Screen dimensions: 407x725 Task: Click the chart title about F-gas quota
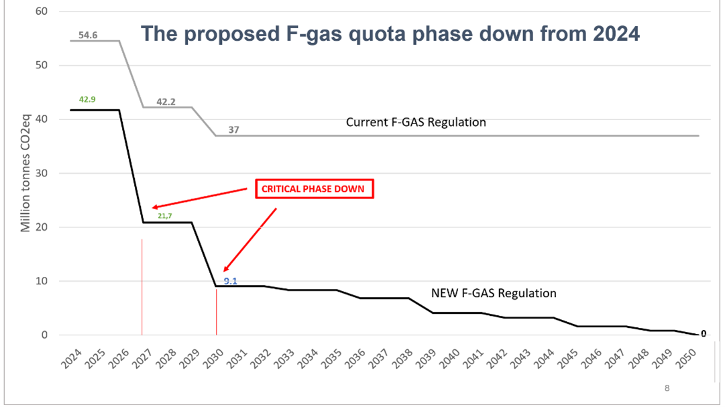pos(390,34)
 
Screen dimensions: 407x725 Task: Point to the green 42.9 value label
pos(87,99)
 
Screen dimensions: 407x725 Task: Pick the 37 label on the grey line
pos(233,129)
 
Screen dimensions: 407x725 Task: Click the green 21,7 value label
pos(165,216)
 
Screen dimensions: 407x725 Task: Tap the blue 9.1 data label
pos(231,281)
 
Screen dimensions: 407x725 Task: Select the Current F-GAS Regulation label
pos(416,123)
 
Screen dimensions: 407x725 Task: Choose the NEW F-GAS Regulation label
pos(494,293)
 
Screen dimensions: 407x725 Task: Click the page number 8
pos(667,388)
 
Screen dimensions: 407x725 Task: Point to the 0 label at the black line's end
pos(704,334)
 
